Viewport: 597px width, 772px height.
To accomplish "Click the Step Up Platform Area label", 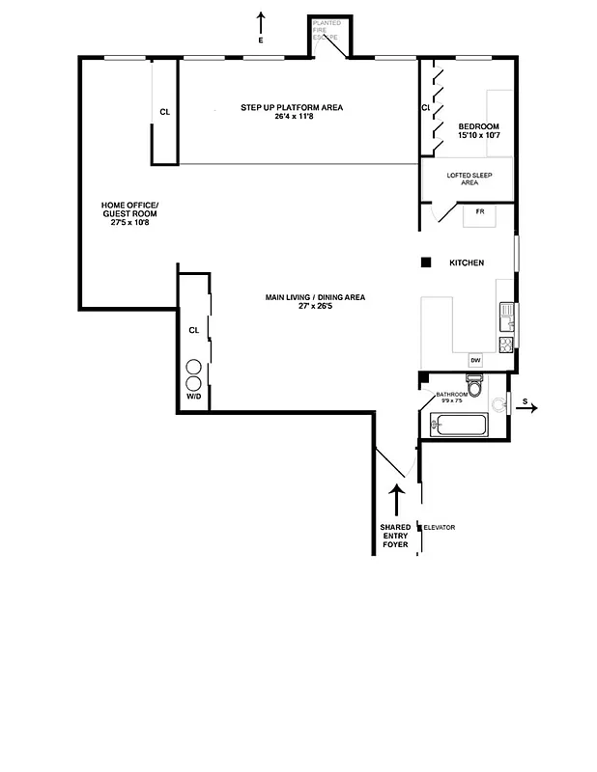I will click(x=292, y=112).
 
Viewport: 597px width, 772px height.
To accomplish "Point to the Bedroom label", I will click(x=479, y=131).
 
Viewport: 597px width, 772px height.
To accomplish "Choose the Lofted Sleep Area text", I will click(x=469, y=179).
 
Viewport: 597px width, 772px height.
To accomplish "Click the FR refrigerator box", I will click(x=479, y=211).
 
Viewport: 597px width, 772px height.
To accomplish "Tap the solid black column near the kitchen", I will click(x=424, y=262).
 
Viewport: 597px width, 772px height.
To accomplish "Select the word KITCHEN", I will click(x=467, y=263).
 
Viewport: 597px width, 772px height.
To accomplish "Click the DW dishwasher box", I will click(x=475, y=361).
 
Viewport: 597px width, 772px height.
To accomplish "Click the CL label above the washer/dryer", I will click(x=194, y=330).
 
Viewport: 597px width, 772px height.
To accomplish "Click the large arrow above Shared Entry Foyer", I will click(x=396, y=500).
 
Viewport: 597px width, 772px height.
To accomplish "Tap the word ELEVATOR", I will click(x=439, y=527).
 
